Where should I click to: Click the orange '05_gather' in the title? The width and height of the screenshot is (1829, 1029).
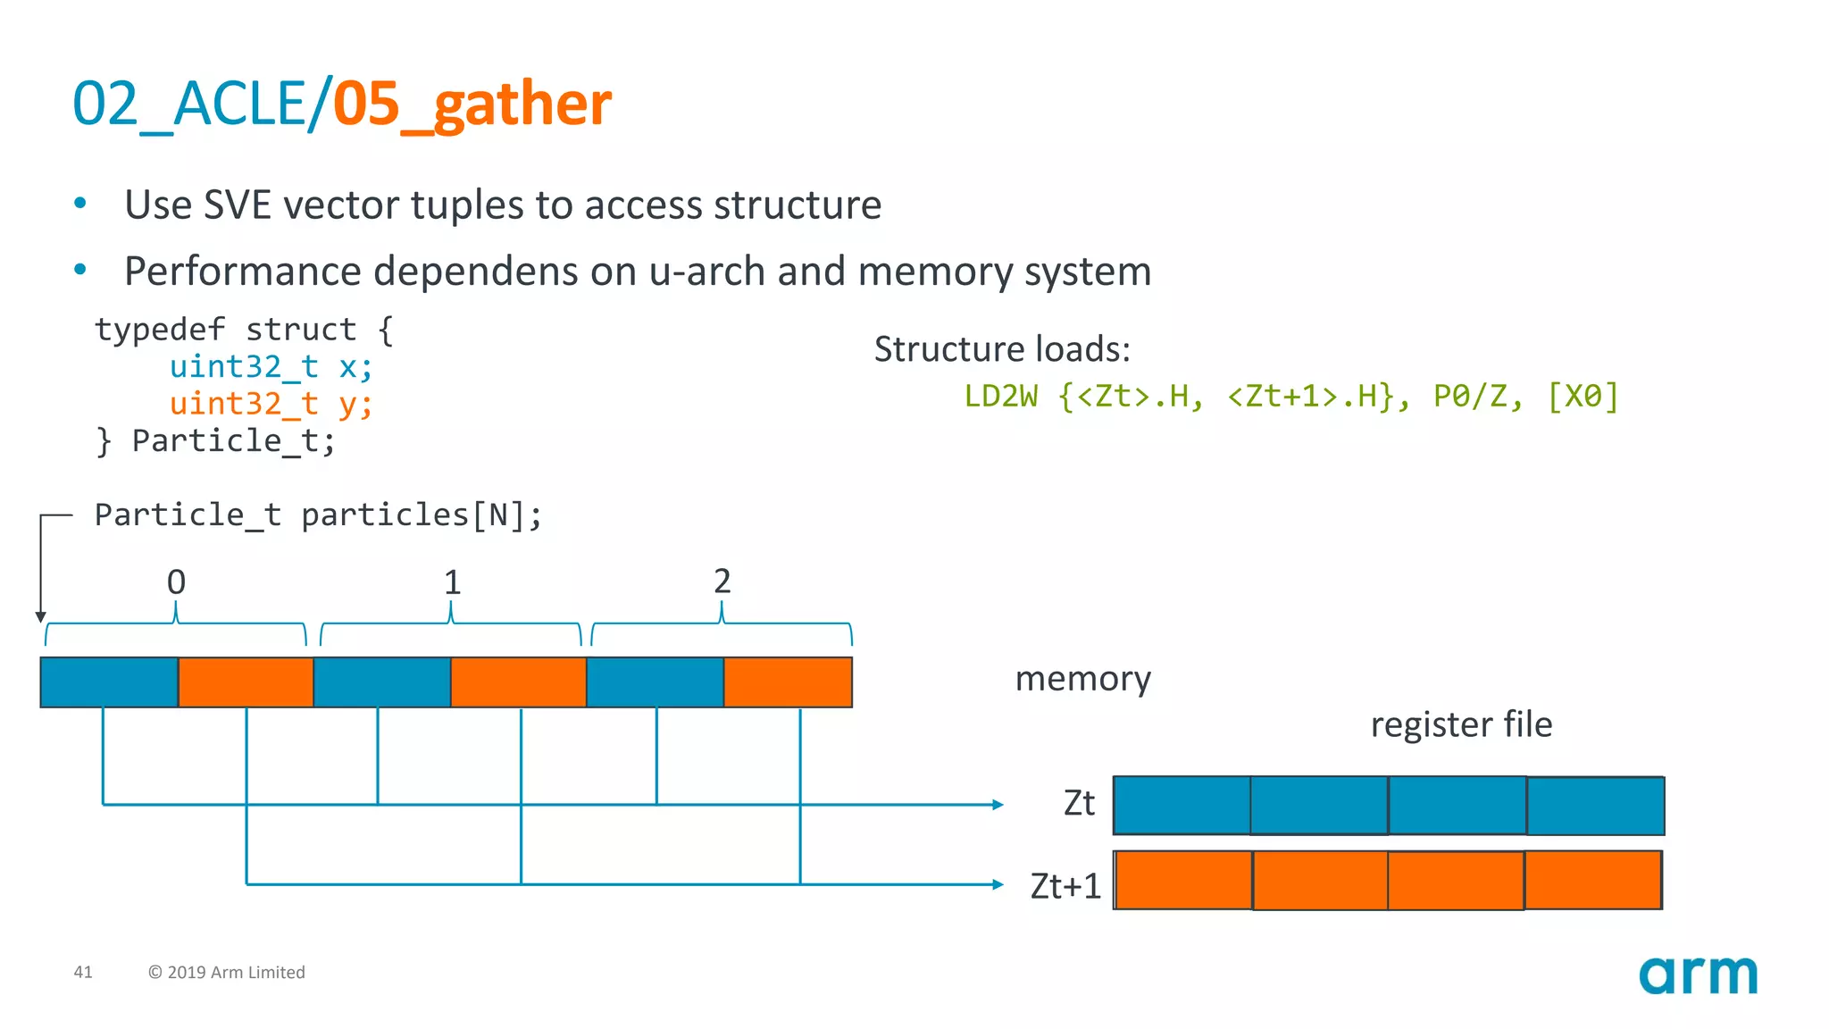[472, 104]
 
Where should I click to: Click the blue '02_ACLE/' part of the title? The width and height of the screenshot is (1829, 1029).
[201, 104]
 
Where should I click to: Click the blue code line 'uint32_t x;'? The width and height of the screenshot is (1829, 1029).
[271, 366]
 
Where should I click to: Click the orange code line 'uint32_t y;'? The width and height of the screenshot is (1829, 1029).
[271, 404]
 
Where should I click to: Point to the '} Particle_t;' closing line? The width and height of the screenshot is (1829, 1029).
[215, 441]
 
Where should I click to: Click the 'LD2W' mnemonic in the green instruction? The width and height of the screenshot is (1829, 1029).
[1000, 396]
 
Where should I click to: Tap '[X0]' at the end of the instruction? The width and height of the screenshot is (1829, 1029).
[1583, 396]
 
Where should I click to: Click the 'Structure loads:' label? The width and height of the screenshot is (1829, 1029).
[1001, 349]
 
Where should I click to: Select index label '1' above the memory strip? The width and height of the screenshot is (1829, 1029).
[452, 583]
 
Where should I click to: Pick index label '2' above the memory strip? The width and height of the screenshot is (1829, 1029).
[722, 581]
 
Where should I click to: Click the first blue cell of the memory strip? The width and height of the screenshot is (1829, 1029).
[109, 682]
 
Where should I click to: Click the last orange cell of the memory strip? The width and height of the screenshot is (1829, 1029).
[787, 682]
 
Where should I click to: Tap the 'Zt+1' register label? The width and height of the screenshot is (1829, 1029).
[1065, 886]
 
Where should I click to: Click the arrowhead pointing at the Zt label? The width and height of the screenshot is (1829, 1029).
[998, 805]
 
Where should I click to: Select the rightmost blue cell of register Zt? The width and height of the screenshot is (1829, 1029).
[1595, 806]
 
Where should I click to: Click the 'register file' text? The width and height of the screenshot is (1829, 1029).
[1461, 724]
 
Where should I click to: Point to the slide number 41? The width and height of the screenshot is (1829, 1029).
[83, 972]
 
